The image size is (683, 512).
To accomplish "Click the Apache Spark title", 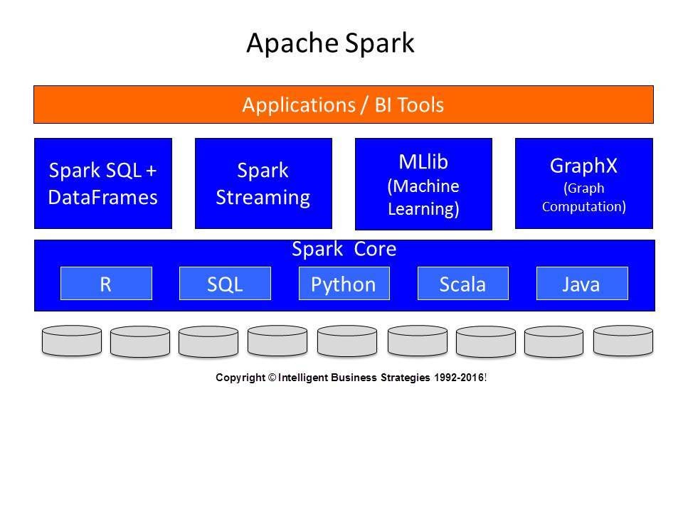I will point(330,43).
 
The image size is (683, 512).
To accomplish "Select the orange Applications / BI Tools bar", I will point(343,105).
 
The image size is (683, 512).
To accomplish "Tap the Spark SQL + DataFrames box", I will point(103,183).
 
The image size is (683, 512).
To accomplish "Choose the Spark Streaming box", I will point(263,183).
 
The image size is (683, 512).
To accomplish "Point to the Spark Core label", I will point(344,250).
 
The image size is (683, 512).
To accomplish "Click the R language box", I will point(106,284).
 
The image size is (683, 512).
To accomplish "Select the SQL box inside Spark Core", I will point(225,284).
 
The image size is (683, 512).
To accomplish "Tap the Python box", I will point(344,284).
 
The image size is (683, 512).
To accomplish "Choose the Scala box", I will point(462,284).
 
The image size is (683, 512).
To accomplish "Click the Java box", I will point(581,284).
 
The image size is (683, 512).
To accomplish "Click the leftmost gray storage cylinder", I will point(72,341).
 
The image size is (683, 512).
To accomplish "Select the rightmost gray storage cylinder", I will point(623,341).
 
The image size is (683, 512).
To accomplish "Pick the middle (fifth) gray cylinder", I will point(347,341).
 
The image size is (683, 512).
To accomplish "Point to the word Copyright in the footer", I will point(240,378).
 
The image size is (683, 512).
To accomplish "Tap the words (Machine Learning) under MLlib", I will point(423,198).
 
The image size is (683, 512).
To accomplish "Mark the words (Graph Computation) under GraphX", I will point(583,198).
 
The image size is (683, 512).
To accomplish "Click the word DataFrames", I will point(102,196).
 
